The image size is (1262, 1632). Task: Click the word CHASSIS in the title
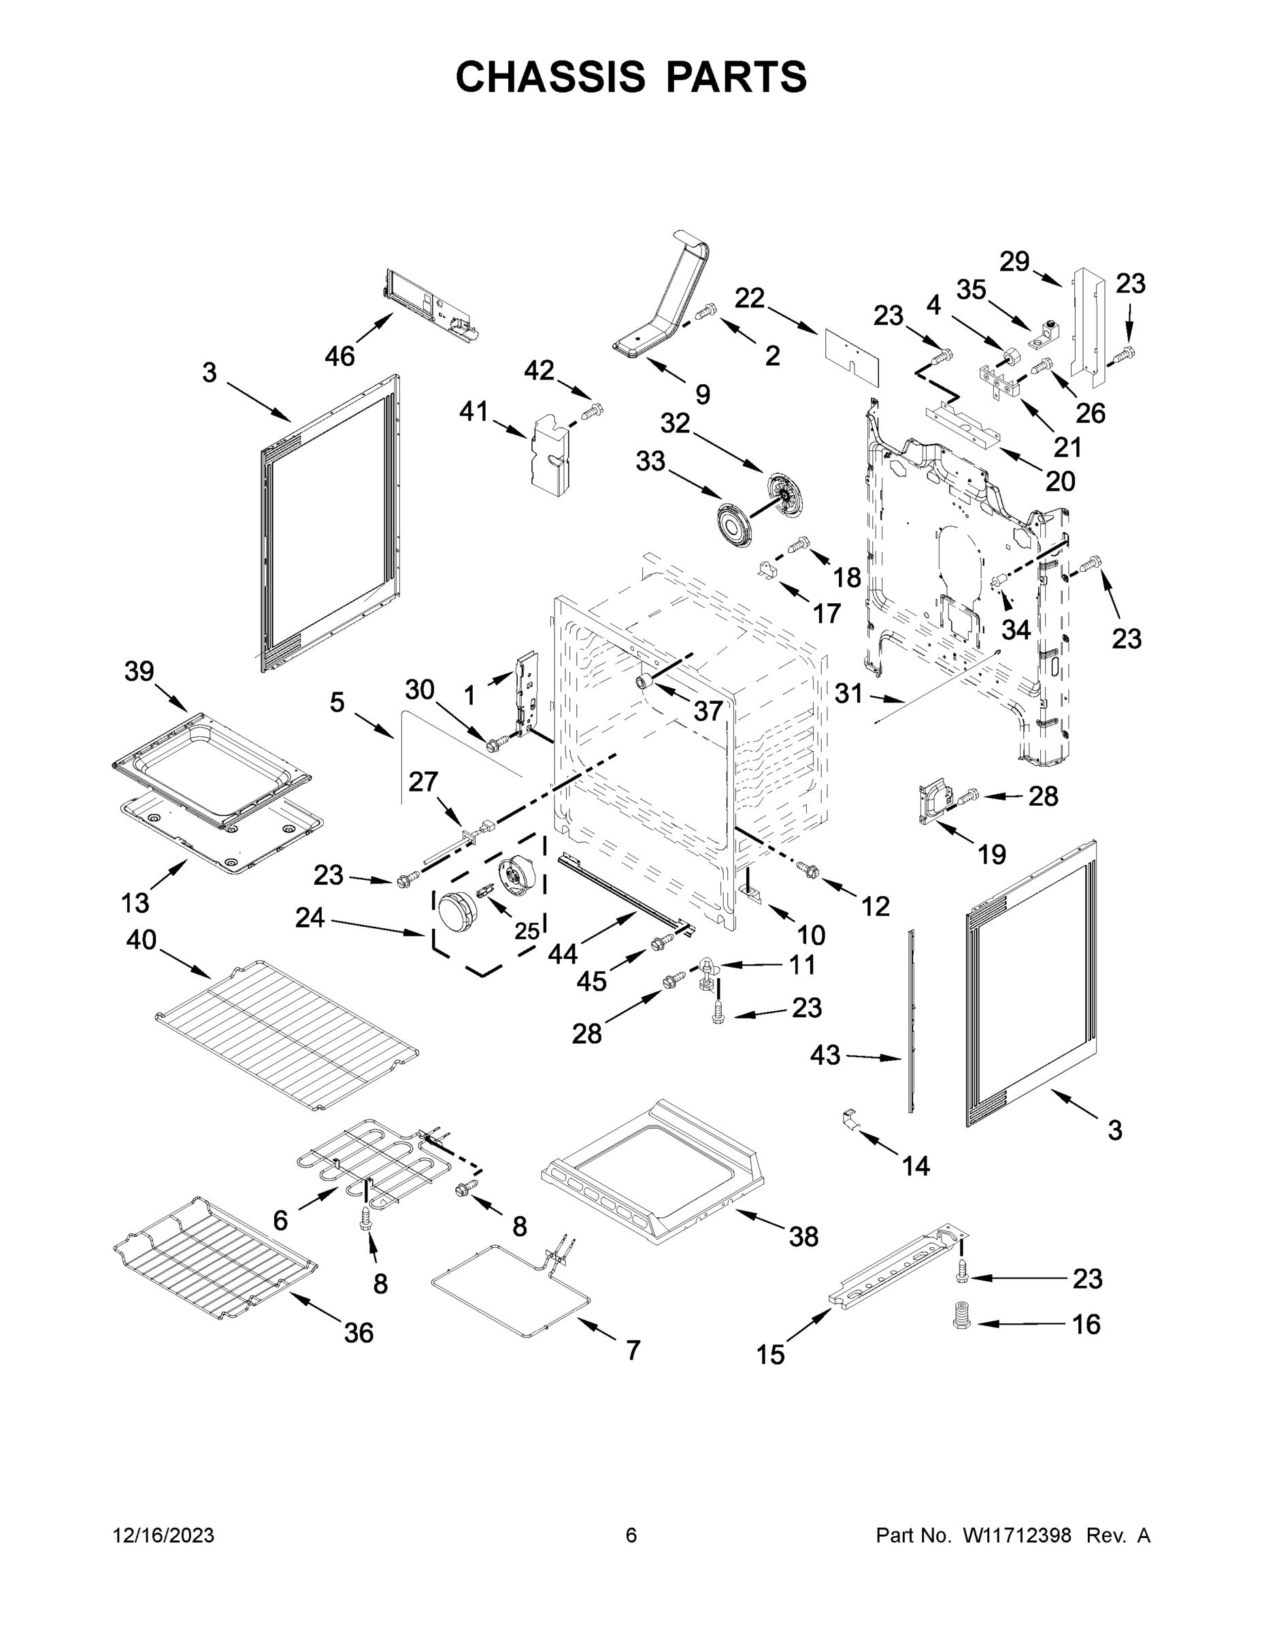(550, 77)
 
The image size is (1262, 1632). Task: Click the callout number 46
(339, 356)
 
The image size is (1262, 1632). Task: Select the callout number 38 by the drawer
(803, 1237)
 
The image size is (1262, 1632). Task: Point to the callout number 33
(650, 461)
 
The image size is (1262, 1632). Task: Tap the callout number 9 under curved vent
(702, 394)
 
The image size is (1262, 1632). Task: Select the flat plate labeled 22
(852, 356)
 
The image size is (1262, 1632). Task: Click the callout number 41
(474, 411)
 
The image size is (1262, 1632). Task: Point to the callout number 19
(991, 854)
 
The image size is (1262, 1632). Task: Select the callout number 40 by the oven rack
(141, 939)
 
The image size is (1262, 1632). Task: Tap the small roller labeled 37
(643, 681)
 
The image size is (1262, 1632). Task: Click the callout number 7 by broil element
(633, 1350)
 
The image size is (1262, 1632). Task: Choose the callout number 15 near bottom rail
(770, 1354)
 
